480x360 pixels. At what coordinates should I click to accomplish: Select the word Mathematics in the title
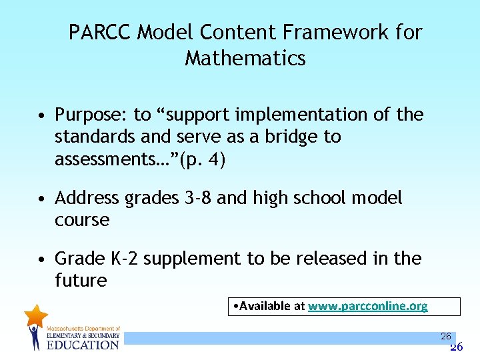(245, 59)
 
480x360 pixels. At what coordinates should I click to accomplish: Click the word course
(82, 220)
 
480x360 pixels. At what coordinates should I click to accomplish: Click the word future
(81, 281)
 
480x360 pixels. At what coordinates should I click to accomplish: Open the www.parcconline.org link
(367, 306)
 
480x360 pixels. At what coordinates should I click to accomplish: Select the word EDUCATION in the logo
(83, 345)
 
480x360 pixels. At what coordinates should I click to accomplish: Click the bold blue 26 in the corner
(456, 347)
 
